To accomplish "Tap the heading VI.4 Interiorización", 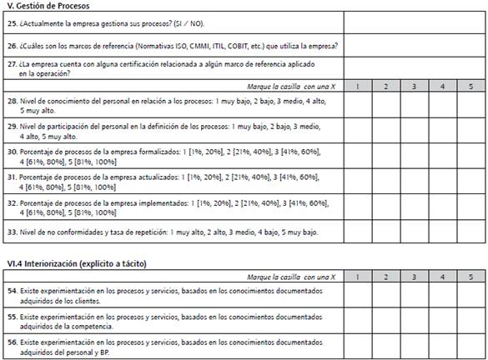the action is pyautogui.click(x=75, y=264).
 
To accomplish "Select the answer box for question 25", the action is pyautogui.click(x=413, y=22).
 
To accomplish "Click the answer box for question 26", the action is pyautogui.click(x=413, y=45).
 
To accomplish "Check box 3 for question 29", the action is pyautogui.click(x=414, y=132).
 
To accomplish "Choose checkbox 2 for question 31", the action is pyautogui.click(x=385, y=182).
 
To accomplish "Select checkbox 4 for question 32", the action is pyautogui.click(x=442, y=207).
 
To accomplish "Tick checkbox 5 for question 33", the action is pyautogui.click(x=470, y=231).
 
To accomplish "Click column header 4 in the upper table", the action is pyautogui.click(x=442, y=86).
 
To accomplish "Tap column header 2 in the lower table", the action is pyautogui.click(x=385, y=276).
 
